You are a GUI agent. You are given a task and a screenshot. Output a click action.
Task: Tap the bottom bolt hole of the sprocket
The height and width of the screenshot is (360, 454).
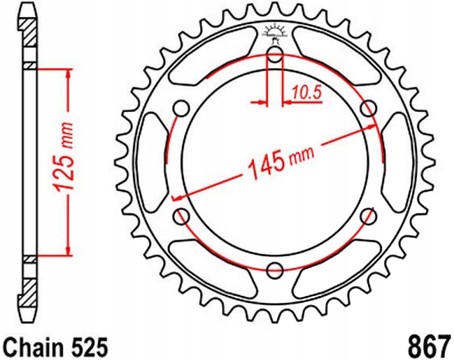275,270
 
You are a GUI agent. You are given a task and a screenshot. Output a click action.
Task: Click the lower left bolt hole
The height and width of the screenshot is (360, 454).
182,217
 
